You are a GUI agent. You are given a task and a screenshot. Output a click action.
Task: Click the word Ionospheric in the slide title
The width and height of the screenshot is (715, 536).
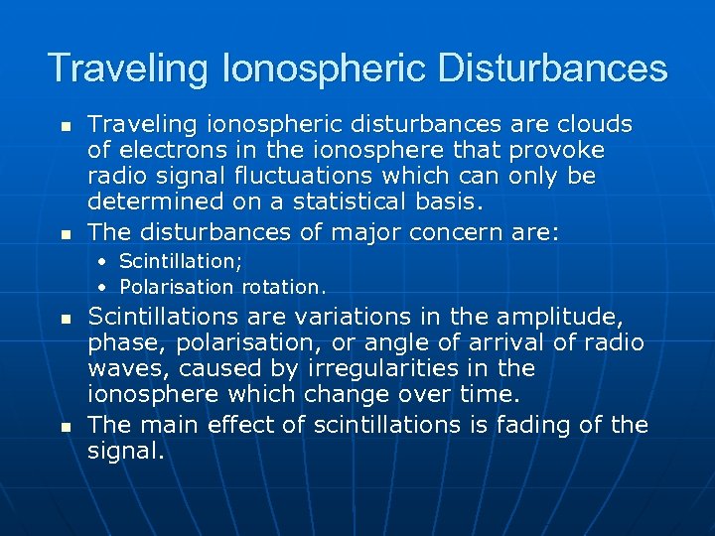327,69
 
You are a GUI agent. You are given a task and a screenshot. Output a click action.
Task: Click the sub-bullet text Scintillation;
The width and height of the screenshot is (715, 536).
180,261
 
